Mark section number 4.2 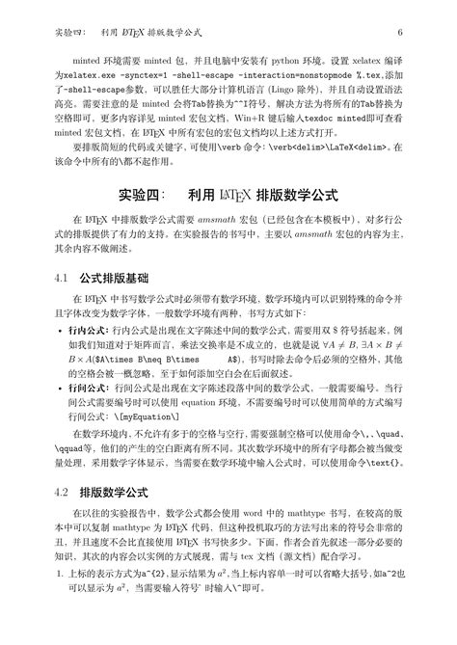click(x=63, y=492)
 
